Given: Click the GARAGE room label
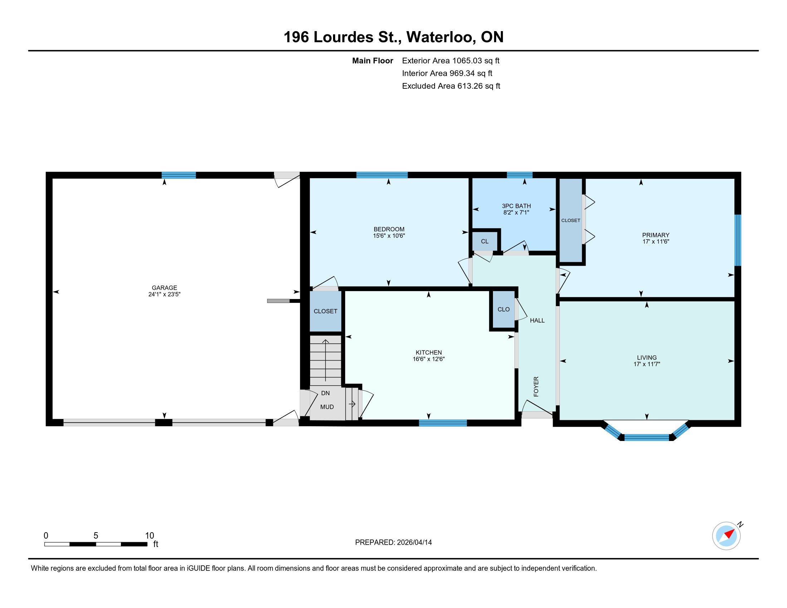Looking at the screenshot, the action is point(164,288).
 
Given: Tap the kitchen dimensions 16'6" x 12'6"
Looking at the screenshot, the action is point(429,359).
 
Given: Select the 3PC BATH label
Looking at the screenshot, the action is point(516,206).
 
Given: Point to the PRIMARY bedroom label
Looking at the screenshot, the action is point(655,235).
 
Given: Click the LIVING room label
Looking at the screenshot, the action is point(646,357).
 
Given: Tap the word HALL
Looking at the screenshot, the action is point(537,320).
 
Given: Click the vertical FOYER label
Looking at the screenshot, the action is point(536,387).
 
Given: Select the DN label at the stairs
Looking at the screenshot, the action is point(325,393).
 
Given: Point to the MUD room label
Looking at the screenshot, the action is point(327,407).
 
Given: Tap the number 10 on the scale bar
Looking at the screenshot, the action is point(149,536).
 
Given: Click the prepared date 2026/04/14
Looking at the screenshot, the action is point(414,542).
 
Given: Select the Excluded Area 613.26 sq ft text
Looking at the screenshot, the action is point(451,86).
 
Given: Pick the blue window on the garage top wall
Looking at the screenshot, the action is point(179,175).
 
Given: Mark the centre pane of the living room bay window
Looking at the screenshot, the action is point(646,437).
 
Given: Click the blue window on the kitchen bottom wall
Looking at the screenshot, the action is point(443,423).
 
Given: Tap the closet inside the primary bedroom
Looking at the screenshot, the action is point(571,220).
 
